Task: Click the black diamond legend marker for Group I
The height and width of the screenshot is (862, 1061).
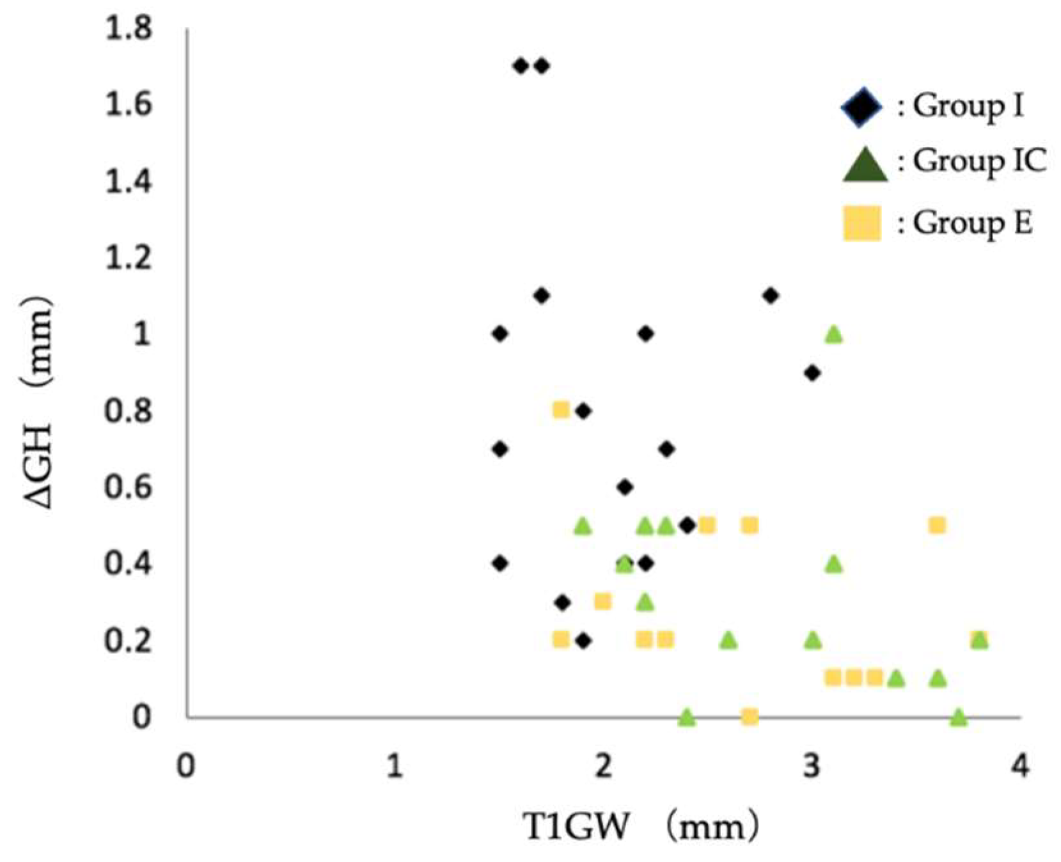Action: pyautogui.click(x=861, y=107)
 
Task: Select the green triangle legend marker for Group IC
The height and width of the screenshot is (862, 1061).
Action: pyautogui.click(x=864, y=165)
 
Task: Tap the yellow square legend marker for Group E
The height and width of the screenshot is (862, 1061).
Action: pyautogui.click(x=861, y=223)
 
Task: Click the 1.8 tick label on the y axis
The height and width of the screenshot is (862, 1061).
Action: pyautogui.click(x=129, y=29)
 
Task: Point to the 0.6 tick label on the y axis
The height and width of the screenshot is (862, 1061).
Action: pyautogui.click(x=129, y=487)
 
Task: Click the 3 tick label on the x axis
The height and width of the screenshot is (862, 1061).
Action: pyautogui.click(x=812, y=765)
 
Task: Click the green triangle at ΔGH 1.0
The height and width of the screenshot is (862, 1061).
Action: pyautogui.click(x=833, y=334)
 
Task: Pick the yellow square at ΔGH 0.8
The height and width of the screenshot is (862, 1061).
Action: pyautogui.click(x=561, y=409)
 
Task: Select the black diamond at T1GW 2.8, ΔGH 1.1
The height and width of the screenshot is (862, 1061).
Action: pyautogui.click(x=771, y=295)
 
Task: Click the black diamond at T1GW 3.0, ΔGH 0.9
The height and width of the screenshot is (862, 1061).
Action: pyautogui.click(x=812, y=373)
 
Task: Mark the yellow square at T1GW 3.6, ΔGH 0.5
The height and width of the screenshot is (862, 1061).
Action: pyautogui.click(x=937, y=526)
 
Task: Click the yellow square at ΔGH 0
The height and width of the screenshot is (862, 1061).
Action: pyautogui.click(x=750, y=716)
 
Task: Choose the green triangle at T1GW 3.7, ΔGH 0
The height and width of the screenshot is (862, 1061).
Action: pyautogui.click(x=958, y=717)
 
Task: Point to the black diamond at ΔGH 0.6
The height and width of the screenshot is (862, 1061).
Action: pyautogui.click(x=625, y=487)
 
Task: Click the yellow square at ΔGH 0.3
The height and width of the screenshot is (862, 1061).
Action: pyautogui.click(x=602, y=601)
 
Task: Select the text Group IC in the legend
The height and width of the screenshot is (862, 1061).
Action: pyautogui.click(x=979, y=161)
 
